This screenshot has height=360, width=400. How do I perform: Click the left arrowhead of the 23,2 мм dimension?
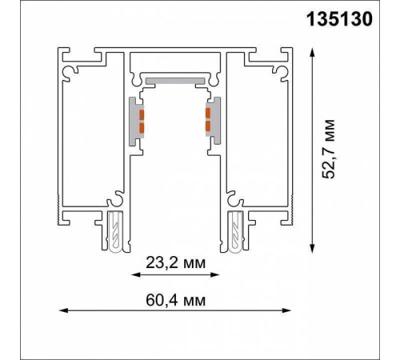(x=133, y=274)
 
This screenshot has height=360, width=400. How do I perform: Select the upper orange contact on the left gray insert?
(x=141, y=113)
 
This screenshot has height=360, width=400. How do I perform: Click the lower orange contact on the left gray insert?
(x=141, y=127)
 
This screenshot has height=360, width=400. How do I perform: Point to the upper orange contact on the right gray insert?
(x=209, y=113)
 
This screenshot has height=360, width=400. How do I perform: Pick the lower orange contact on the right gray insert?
(x=209, y=126)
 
